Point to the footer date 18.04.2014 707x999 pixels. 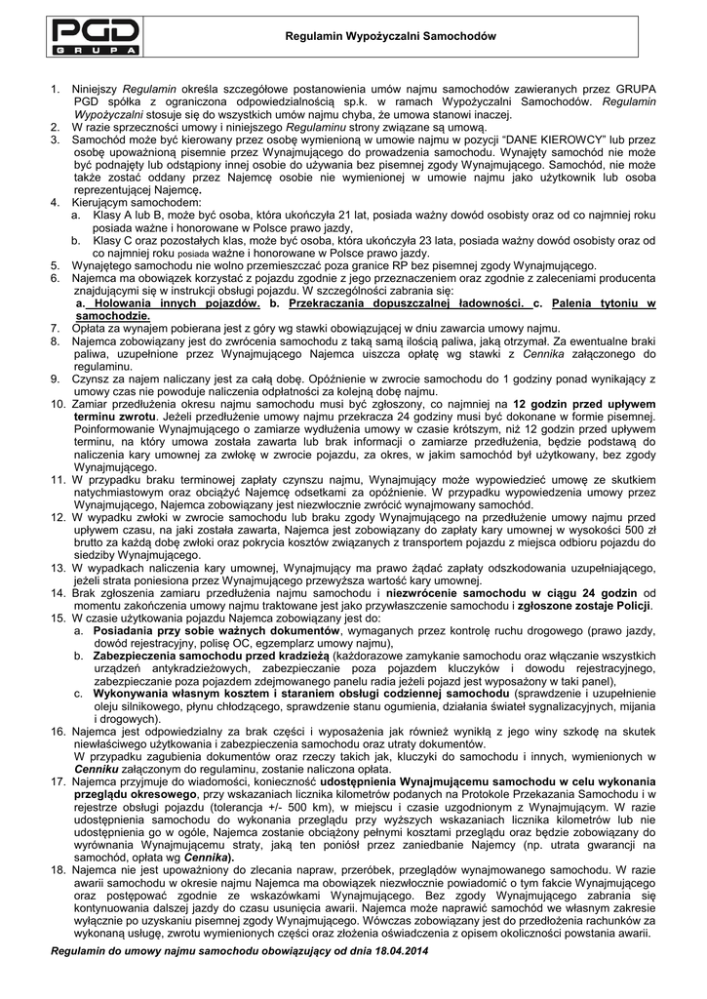(x=394, y=950)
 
